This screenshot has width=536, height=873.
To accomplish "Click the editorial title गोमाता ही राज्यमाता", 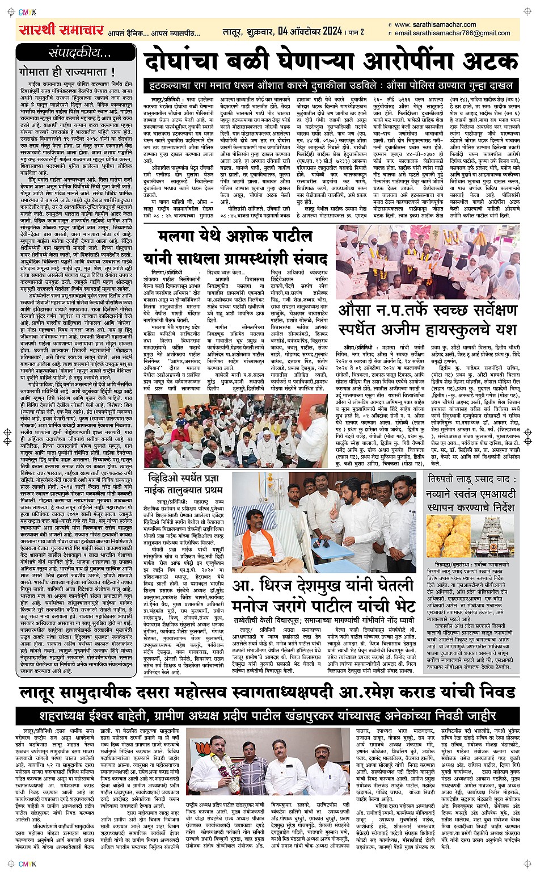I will tap(67, 72).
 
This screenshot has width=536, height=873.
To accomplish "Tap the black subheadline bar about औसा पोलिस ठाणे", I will tap(330, 86).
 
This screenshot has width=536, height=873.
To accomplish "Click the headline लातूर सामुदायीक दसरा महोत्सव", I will tap(268, 692).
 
